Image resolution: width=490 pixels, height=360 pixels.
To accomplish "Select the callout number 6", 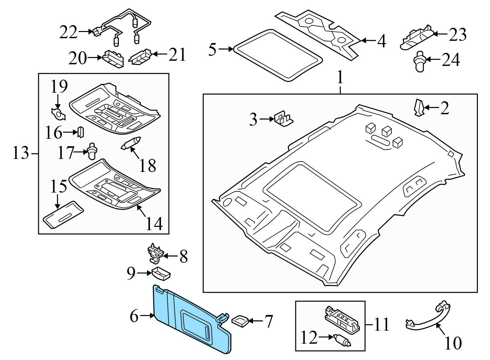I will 134,316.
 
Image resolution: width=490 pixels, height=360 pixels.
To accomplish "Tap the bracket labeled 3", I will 284,119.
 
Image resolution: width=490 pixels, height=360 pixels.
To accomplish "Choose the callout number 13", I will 21,153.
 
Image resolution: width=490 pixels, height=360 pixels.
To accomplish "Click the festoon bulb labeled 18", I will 131,144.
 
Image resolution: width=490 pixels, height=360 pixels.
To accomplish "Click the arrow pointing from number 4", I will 368,40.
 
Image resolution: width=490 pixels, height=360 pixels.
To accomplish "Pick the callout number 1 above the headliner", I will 340,78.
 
